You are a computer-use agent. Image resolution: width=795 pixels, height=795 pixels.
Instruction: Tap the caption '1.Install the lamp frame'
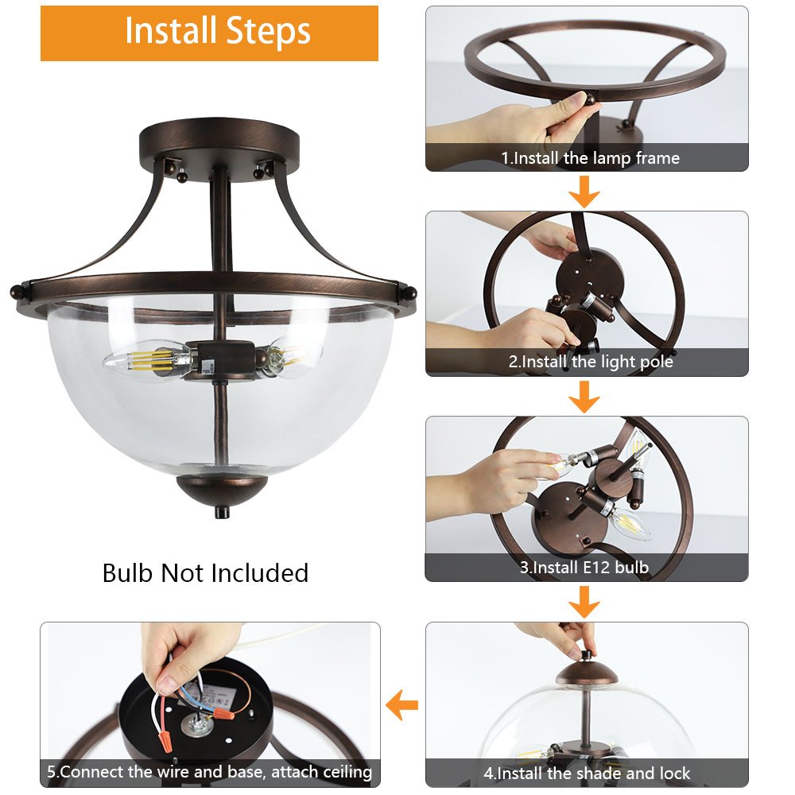coord(590,157)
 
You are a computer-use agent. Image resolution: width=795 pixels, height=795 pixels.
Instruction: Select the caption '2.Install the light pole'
coord(591,362)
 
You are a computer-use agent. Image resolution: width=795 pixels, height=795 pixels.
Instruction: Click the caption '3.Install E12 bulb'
coord(584,567)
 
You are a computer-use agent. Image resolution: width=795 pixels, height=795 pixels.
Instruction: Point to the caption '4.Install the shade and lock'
coord(587,774)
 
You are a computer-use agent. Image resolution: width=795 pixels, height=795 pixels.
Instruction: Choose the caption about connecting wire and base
coord(209,772)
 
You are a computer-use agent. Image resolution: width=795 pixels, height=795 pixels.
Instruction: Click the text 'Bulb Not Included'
coord(205,573)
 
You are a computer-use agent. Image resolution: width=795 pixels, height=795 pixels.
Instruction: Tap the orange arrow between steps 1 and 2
coord(584,192)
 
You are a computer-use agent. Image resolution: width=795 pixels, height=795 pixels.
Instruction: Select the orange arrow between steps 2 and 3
coord(584,397)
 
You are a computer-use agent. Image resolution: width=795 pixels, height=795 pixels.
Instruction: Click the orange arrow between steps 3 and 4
coord(584,603)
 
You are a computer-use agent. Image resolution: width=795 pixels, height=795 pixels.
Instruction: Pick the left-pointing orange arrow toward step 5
coord(402,704)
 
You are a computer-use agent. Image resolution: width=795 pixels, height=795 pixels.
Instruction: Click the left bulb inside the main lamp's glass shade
coord(147,361)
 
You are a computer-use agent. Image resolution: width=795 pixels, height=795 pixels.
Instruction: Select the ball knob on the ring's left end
coord(17,292)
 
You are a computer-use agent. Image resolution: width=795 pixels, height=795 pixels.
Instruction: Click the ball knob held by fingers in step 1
coord(591,99)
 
